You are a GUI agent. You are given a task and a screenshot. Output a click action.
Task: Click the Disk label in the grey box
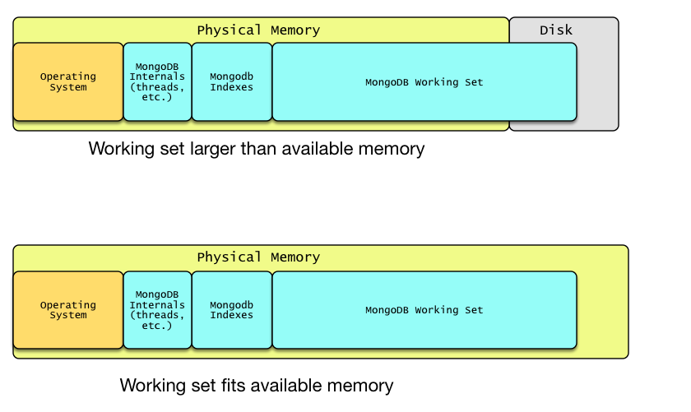556,30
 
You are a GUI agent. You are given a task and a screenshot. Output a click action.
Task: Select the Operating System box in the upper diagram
68,82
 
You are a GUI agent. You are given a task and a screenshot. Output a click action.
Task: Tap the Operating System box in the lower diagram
68,310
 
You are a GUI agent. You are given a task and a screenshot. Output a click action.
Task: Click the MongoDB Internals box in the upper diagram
157,82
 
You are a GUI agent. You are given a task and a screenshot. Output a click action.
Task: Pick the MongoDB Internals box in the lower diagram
157,310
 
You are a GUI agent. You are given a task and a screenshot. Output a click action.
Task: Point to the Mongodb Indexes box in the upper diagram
232,82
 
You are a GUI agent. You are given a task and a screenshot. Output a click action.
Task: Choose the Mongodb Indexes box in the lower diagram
232,310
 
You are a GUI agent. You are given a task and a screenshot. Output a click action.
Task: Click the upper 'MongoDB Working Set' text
424,82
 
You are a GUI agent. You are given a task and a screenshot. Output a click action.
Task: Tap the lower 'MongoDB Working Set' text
424,310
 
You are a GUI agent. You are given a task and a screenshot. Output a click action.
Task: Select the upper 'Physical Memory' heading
258,30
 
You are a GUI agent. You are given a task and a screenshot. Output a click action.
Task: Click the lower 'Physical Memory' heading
258,257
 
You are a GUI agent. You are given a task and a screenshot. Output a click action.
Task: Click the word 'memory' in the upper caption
392,150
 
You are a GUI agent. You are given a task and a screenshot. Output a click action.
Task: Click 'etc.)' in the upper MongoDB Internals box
157,97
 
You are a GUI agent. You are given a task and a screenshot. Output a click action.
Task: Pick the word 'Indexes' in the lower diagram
231,315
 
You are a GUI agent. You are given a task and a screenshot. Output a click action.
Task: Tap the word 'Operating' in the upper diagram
67,76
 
